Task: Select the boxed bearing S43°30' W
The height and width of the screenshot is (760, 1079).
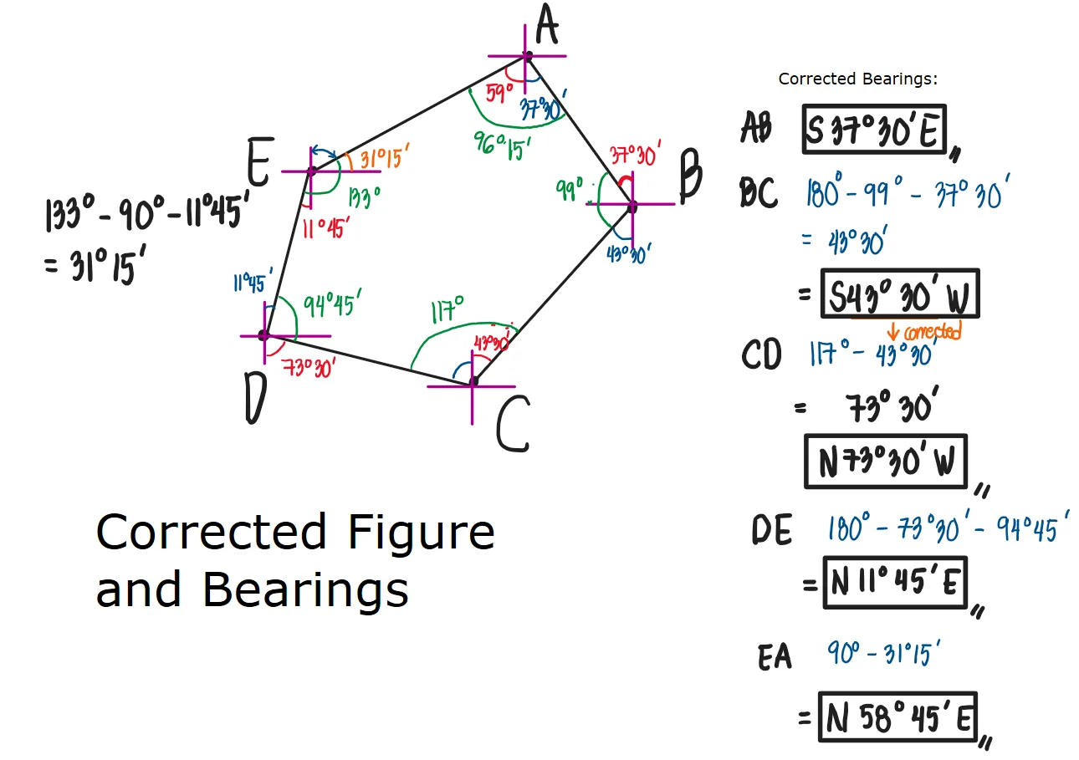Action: pyautogui.click(x=899, y=293)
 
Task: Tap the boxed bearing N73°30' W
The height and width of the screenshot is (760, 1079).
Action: pyautogui.click(x=886, y=462)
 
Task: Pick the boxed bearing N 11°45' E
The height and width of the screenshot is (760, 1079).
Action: pyautogui.click(x=894, y=583)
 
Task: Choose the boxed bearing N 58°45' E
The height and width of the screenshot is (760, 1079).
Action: pyautogui.click(x=897, y=717)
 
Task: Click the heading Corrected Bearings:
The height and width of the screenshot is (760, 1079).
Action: pyautogui.click(x=858, y=79)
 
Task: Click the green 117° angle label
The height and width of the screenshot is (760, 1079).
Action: pyautogui.click(x=447, y=312)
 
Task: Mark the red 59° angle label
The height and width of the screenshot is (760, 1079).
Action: pyautogui.click(x=499, y=92)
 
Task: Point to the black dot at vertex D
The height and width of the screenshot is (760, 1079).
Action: pyautogui.click(x=263, y=335)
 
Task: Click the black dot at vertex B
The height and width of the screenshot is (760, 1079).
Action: pyautogui.click(x=632, y=205)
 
